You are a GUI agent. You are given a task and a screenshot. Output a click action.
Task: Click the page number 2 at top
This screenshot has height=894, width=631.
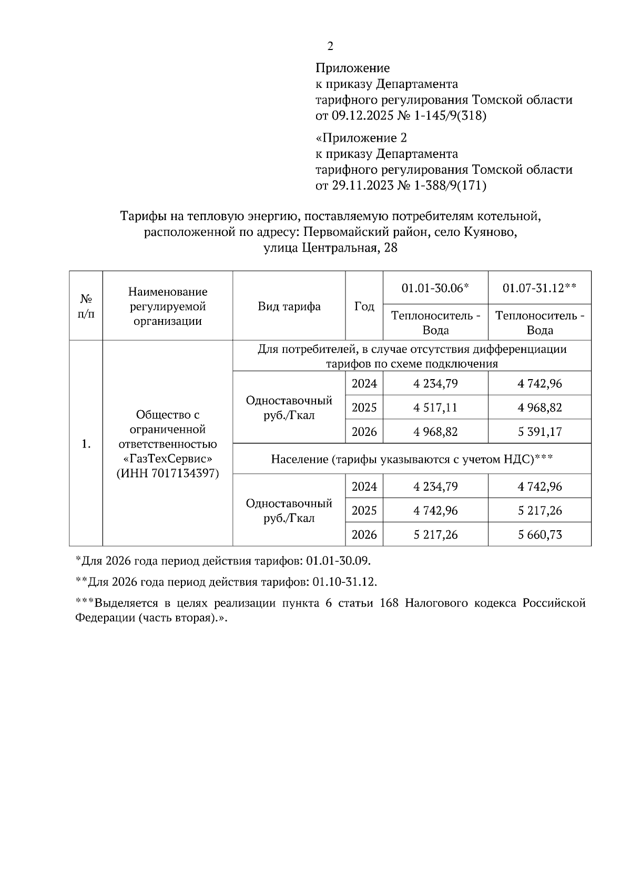(330, 46)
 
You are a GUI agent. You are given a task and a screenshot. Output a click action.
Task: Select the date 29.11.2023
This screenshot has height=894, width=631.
(362, 185)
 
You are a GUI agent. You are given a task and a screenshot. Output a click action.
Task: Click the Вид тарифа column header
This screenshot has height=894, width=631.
(289, 306)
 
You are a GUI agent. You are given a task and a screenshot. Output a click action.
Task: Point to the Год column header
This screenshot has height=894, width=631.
(364, 306)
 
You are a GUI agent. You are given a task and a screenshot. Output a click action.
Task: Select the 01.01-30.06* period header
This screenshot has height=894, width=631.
(435, 288)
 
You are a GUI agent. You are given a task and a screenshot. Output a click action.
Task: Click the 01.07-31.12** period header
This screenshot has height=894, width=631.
(540, 288)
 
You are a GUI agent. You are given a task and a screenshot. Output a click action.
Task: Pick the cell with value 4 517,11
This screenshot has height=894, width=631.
(435, 408)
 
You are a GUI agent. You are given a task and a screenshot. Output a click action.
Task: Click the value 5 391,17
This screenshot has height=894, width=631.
(540, 432)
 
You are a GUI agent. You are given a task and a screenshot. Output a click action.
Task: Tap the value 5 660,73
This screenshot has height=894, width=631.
(540, 535)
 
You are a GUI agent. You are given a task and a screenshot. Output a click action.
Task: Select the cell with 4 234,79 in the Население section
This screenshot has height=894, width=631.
(435, 486)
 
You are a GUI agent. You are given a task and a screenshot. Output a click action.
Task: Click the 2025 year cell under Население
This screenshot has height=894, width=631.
(364, 511)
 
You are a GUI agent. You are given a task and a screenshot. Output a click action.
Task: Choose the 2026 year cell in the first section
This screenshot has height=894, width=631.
(364, 432)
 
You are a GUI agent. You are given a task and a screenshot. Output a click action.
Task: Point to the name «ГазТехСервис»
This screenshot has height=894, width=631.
(168, 459)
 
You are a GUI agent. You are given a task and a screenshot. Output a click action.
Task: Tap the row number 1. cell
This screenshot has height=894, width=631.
(86, 444)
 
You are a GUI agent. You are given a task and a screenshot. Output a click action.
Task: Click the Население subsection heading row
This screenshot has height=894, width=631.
(411, 459)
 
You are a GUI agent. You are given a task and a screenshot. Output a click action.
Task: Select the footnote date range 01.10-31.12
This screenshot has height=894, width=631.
(344, 582)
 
